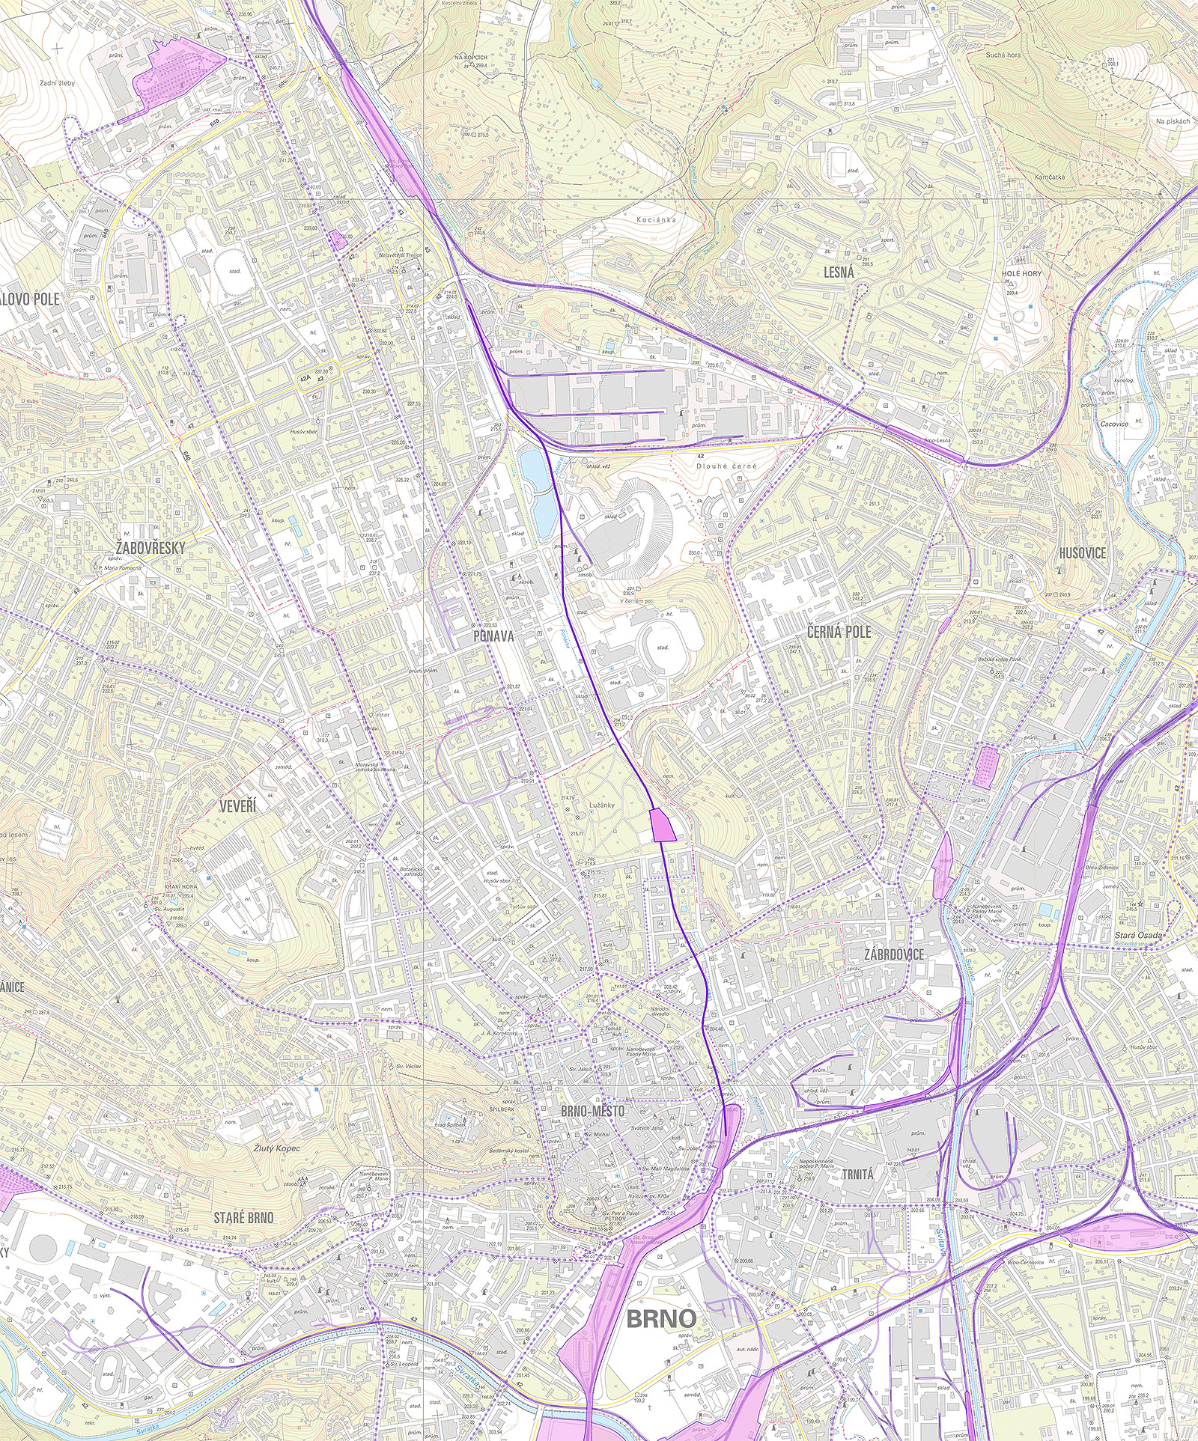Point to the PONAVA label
point(493,636)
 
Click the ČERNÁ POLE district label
point(839,631)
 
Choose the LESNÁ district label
point(839,273)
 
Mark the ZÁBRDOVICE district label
point(893,954)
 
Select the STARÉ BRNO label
point(243,1218)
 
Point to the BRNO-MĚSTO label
point(592,1111)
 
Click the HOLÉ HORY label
point(1022,273)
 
